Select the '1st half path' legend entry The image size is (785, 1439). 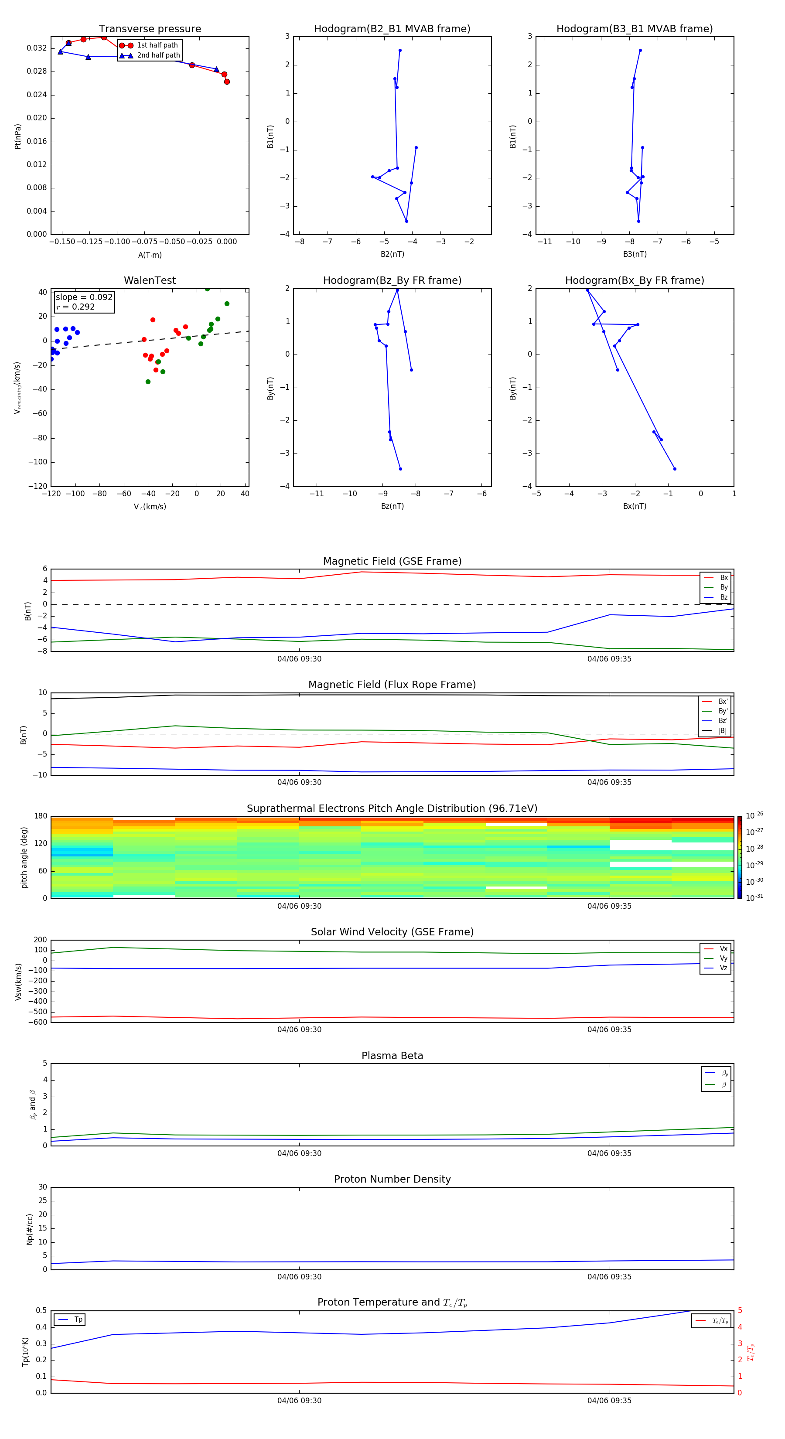click(157, 45)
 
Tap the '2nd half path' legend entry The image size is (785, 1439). click(158, 55)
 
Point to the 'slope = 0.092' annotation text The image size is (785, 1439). click(84, 297)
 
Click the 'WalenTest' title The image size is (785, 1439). click(150, 280)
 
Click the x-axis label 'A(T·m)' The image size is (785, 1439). click(150, 255)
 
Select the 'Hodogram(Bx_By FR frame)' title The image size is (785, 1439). click(634, 280)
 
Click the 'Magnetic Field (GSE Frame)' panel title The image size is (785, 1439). click(392, 561)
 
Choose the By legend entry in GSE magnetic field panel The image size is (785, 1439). click(724, 587)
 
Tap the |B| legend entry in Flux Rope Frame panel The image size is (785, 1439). click(723, 730)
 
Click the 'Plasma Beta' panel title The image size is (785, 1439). click(392, 1056)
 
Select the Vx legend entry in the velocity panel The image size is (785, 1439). click(724, 948)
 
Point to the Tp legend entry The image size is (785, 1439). click(78, 1320)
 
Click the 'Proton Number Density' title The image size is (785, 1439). click(392, 1179)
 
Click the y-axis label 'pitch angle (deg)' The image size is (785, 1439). click(24, 857)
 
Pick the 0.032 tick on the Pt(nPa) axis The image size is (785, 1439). click(37, 48)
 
